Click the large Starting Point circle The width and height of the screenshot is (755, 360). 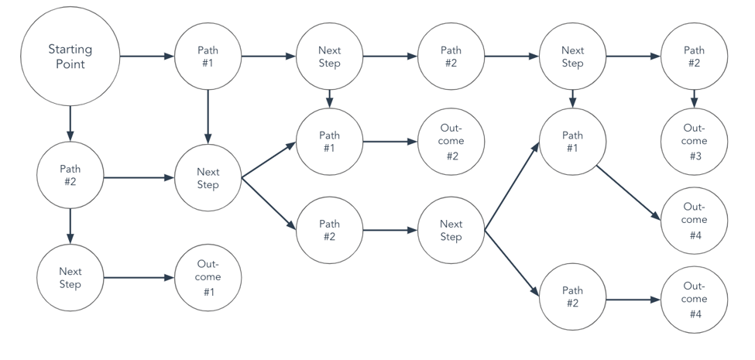[x=70, y=56]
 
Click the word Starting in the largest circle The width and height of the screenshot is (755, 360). [x=70, y=49]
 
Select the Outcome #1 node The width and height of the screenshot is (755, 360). [x=208, y=277]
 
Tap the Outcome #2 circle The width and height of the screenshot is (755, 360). [x=451, y=142]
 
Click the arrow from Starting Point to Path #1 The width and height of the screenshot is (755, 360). [x=146, y=56]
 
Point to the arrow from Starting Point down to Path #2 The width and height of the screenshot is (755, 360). [x=70, y=123]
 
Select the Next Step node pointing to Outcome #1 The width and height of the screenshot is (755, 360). [x=70, y=277]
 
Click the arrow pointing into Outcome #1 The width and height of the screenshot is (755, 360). [x=139, y=277]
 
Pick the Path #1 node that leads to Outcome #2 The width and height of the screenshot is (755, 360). [x=329, y=142]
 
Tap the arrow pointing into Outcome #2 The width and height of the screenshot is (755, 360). [x=390, y=142]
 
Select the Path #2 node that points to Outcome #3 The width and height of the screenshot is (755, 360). [x=694, y=56]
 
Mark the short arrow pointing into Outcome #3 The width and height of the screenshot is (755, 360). [x=694, y=99]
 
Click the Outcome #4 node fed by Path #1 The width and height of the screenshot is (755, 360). [x=694, y=220]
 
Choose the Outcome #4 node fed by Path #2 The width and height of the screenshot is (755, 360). [x=694, y=299]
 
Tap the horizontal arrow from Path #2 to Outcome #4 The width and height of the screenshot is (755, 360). [x=633, y=299]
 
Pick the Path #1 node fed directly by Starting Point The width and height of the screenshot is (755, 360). [x=208, y=56]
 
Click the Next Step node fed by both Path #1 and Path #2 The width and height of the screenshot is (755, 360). [x=208, y=178]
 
